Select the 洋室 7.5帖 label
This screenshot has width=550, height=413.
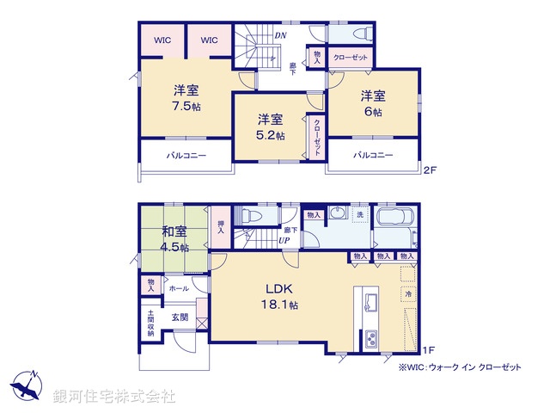186,98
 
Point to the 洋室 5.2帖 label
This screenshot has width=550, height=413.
271,127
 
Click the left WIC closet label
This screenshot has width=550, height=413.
162,40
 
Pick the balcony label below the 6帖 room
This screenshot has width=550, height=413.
373,155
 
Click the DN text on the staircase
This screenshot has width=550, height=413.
280,35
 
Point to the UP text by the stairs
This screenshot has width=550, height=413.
282,240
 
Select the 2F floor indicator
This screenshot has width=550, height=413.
429,170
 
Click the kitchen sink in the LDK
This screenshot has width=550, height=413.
370,302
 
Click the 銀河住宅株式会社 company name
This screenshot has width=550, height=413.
113,397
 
